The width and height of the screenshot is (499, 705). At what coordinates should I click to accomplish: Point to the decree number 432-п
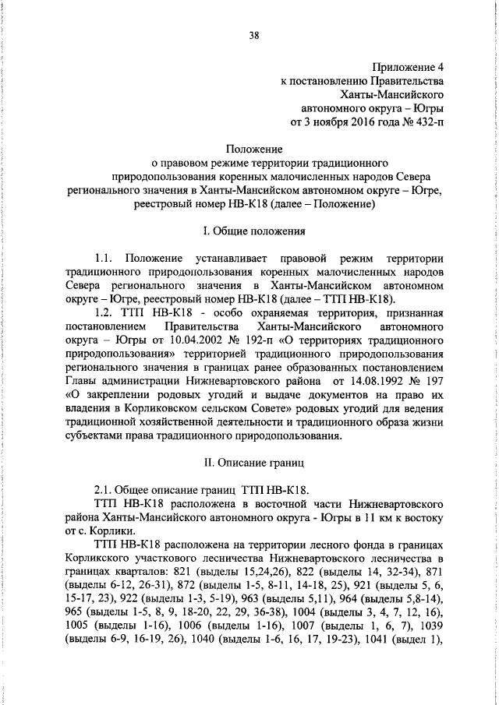pos(431,122)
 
